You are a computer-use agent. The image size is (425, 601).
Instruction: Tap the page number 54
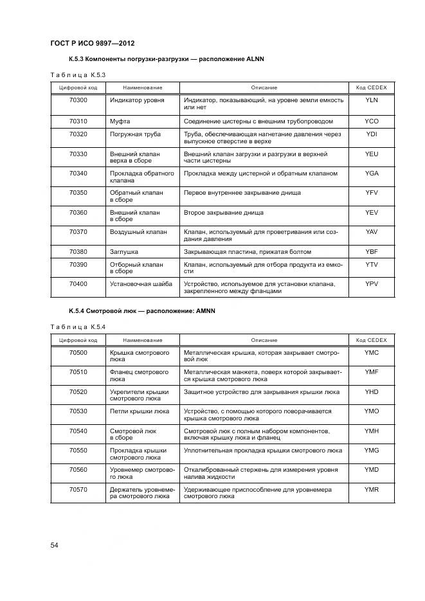pos(55,545)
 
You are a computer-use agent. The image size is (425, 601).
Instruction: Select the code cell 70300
pos(78,100)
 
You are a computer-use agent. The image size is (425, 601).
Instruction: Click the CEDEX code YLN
pos(372,100)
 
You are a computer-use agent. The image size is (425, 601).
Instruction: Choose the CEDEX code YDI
pos(372,134)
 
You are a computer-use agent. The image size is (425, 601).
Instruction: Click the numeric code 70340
pos(78,174)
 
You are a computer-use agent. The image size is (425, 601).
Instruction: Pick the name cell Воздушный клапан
pos(138,231)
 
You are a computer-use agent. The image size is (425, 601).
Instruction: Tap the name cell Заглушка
pos(124,251)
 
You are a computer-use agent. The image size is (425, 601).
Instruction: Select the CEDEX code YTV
pos(372,264)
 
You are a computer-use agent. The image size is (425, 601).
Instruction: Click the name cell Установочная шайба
pos(141,283)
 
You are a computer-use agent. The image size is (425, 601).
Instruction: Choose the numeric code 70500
pos(78,352)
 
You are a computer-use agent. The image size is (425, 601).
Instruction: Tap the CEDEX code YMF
pos(372,372)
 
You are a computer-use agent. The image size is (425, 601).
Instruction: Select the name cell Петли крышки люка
pos(140,411)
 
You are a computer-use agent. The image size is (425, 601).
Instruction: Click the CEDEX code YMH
pos(372,431)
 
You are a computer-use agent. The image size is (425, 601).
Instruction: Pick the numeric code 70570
pos(78,489)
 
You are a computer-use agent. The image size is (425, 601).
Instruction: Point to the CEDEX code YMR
pos(372,489)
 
